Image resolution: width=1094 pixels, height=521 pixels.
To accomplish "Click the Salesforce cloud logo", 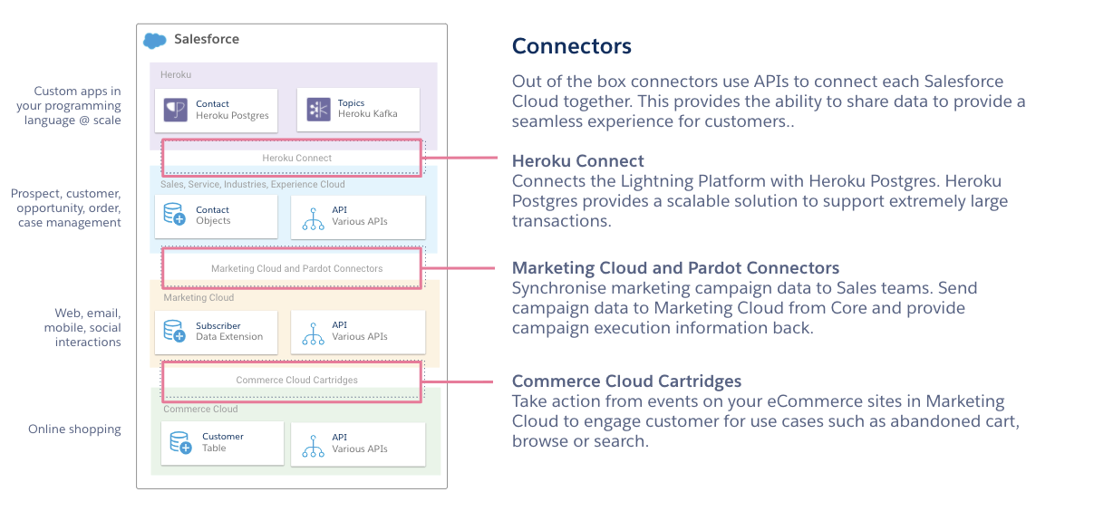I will [x=155, y=40].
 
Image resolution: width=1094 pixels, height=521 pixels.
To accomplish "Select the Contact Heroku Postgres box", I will [x=216, y=110].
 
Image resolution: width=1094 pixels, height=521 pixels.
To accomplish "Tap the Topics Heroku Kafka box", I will [x=358, y=110].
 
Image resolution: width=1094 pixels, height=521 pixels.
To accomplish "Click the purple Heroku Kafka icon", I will [x=318, y=110].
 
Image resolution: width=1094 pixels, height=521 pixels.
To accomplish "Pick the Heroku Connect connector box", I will [x=292, y=158].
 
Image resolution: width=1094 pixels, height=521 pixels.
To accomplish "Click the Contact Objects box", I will [x=216, y=216].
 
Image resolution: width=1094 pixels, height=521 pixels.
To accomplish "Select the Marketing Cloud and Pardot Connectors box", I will [x=292, y=268].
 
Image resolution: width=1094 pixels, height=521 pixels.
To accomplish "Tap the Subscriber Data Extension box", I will [x=216, y=332].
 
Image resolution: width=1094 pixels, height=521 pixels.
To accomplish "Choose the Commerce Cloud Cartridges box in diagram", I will [x=292, y=380].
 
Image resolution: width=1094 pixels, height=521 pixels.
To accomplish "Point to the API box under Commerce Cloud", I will [x=358, y=443].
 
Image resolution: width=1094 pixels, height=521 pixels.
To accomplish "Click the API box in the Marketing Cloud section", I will [x=358, y=332].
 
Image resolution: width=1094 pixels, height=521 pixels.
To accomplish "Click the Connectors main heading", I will [x=571, y=46].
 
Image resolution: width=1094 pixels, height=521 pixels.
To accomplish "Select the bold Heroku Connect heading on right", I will [x=577, y=161].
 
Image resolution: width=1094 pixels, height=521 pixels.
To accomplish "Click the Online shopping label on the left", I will [x=74, y=429].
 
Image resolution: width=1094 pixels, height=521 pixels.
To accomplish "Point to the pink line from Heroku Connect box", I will [x=460, y=158].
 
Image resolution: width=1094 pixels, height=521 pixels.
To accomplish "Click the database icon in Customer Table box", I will [x=180, y=443].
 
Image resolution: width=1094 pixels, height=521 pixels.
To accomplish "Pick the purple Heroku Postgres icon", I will [x=175, y=110].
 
